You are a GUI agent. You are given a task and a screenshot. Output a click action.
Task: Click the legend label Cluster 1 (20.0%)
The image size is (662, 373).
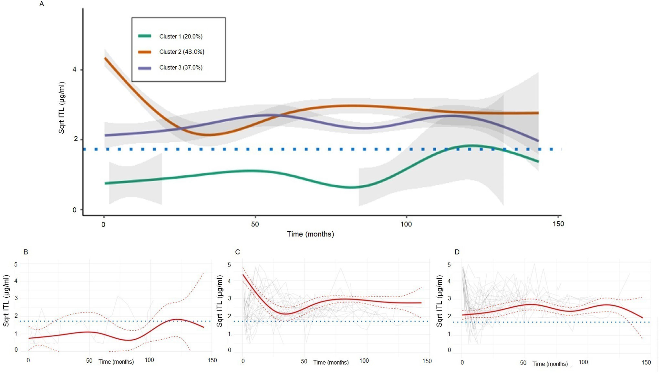pos(181,37)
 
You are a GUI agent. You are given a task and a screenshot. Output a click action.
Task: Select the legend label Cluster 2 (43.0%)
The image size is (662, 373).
pos(181,52)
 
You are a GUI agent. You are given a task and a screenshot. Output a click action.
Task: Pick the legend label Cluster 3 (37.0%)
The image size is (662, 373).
pos(181,68)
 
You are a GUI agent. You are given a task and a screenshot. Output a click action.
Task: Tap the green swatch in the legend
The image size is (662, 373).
pos(144,36)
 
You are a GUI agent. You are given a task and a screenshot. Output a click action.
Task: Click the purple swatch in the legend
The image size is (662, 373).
pos(144,68)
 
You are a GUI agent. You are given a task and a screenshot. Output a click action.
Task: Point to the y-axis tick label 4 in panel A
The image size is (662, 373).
pos(75,70)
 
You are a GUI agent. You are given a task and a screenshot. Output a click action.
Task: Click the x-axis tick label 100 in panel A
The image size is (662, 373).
pos(406,224)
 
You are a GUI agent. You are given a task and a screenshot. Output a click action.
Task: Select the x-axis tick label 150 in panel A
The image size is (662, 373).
pos(558,224)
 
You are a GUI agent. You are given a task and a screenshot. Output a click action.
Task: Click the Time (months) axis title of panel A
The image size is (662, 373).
pos(310,234)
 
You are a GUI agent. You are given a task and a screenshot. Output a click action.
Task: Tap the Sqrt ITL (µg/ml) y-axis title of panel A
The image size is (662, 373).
pos(62,107)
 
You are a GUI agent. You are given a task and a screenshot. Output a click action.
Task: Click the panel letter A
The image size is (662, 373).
pos(42,4)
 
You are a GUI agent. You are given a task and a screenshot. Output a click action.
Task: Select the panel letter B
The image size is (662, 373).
pos(26,252)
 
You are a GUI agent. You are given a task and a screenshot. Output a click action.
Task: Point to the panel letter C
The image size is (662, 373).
pos(238,252)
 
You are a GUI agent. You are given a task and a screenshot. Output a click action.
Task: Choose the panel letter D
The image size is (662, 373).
pos(457,252)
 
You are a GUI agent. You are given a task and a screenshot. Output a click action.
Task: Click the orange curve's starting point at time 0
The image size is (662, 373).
pos(105,58)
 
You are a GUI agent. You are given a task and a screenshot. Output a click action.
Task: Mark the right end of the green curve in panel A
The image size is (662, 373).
pos(538,161)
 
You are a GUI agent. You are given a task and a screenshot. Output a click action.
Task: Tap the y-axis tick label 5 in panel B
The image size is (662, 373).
pos(16,264)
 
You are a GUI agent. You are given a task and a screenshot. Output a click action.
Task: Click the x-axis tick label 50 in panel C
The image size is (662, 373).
pos(304,361)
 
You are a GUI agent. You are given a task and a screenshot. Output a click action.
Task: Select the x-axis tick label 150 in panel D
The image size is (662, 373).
pos(646,362)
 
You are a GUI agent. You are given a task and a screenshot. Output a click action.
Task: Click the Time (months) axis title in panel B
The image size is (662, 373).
pos(116,362)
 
